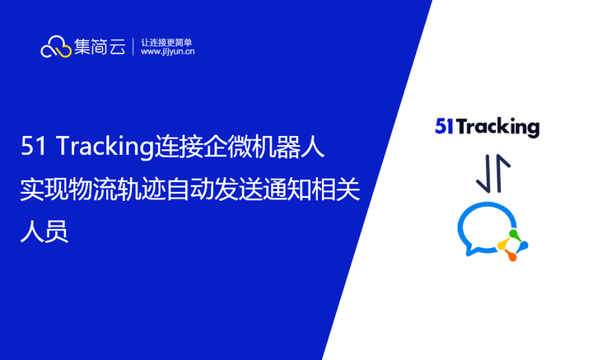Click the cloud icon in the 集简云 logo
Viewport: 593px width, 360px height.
pos(55,48)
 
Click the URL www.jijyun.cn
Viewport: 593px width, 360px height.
pos(167,52)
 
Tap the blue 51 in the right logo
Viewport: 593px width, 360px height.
pos(444,126)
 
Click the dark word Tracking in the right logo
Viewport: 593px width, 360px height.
pos(497,128)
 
